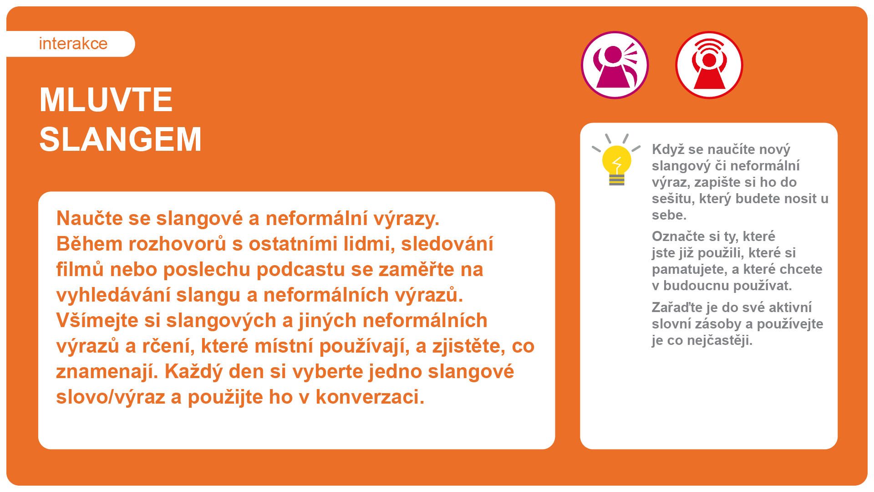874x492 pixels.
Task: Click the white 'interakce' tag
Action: [x=71, y=44]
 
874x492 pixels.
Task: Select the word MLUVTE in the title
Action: [x=106, y=100]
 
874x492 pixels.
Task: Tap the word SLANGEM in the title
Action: [x=121, y=139]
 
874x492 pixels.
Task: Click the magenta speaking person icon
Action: [x=615, y=65]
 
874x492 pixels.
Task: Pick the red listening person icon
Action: [x=709, y=65]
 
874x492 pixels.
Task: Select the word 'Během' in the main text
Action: [x=89, y=244]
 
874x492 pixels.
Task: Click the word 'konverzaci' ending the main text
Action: [x=370, y=397]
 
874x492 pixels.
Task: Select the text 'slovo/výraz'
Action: [x=110, y=397]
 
